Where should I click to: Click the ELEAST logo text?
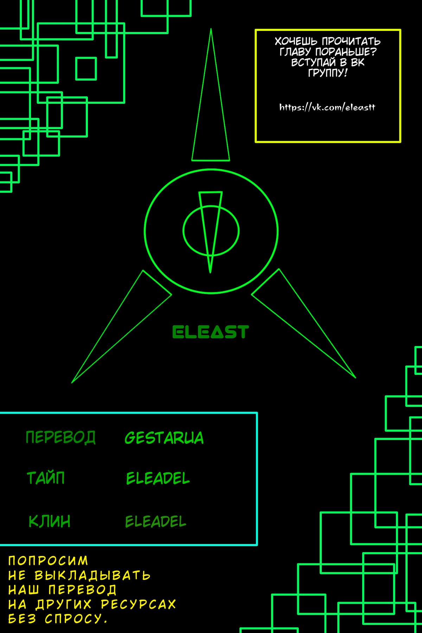point(210,332)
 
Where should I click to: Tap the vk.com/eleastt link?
point(327,107)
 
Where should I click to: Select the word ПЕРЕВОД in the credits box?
point(60,437)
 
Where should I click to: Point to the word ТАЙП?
point(46,478)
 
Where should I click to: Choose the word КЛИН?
point(49,521)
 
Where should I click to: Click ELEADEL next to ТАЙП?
point(158,478)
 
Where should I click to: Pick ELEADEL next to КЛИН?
point(155,522)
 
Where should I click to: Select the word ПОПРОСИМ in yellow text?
point(48,561)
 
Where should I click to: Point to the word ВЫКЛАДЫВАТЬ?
point(92,575)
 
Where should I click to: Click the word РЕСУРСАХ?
point(138,604)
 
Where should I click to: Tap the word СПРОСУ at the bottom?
point(76,619)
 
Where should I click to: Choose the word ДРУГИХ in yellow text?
point(63,604)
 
